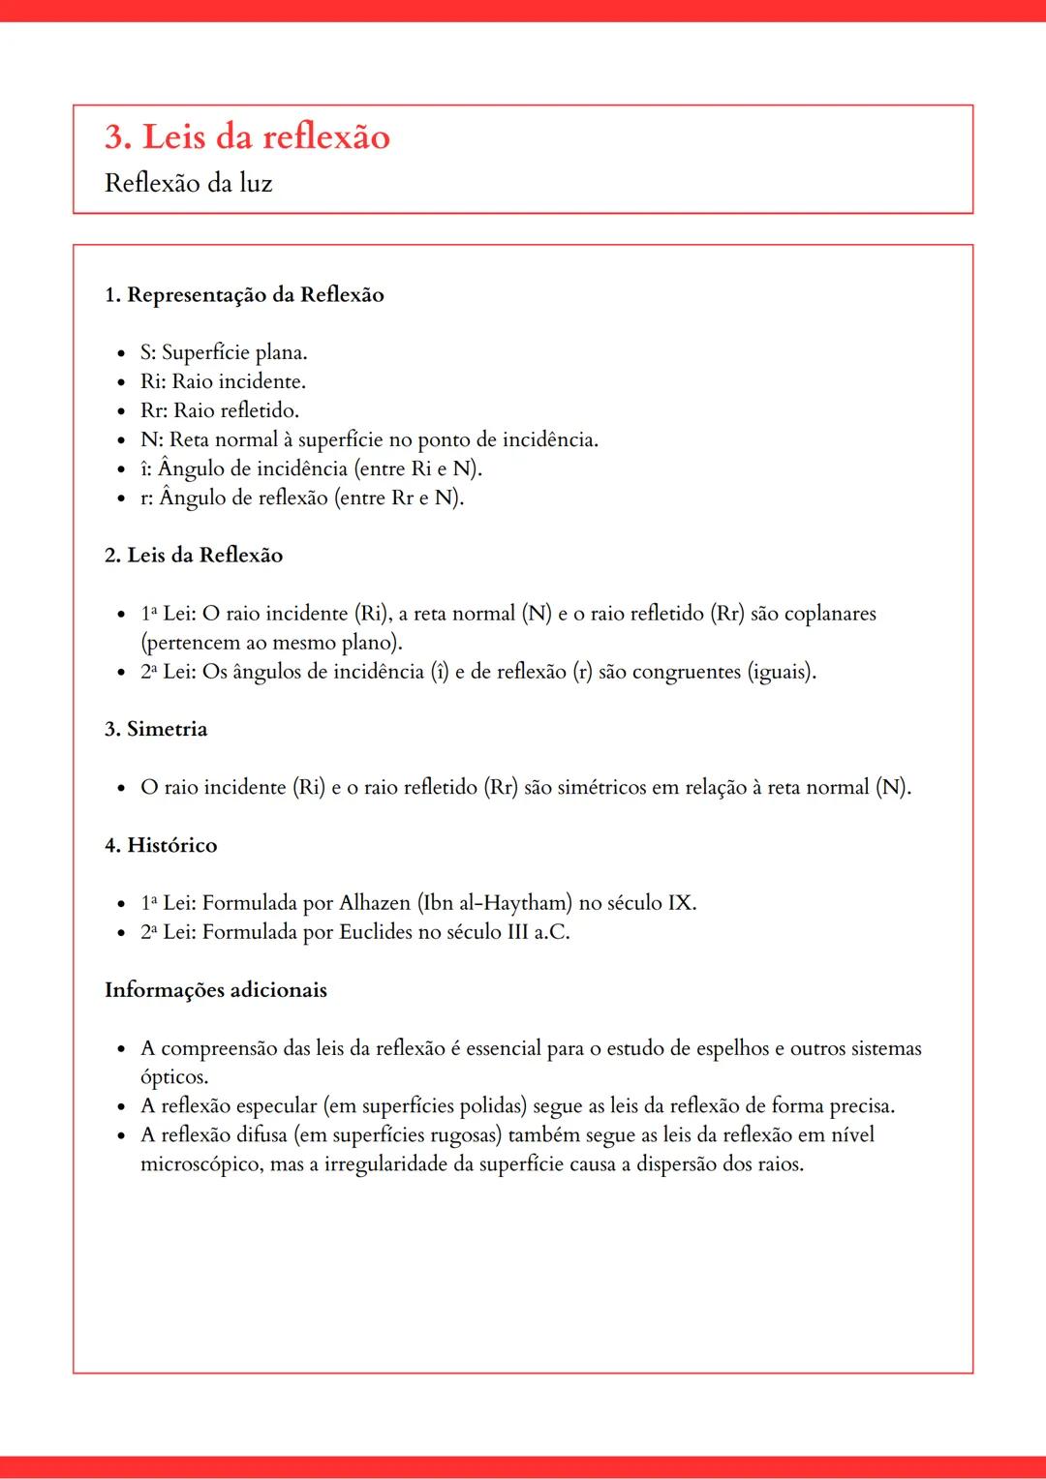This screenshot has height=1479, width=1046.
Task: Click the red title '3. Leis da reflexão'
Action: pyautogui.click(x=247, y=137)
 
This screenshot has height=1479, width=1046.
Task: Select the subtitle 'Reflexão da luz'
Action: pyautogui.click(x=188, y=183)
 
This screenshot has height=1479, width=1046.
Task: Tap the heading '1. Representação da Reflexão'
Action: pyautogui.click(x=244, y=295)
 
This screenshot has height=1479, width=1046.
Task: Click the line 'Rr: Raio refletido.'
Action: pyautogui.click(x=219, y=410)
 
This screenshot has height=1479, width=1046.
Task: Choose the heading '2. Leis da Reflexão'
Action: pyautogui.click(x=194, y=556)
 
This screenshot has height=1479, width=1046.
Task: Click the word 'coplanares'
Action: pyautogui.click(x=829, y=614)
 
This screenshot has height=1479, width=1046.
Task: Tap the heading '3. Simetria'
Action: pyautogui.click(x=156, y=729)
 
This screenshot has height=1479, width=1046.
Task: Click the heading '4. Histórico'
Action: pyautogui.click(x=161, y=845)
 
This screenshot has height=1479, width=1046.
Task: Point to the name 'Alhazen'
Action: pyautogui.click(x=375, y=903)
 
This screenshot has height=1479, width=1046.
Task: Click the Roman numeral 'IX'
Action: pyautogui.click(x=679, y=903)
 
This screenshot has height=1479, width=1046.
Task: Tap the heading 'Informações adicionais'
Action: pyautogui.click(x=216, y=990)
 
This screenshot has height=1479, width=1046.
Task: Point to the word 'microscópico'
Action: pyautogui.click(x=200, y=1164)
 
